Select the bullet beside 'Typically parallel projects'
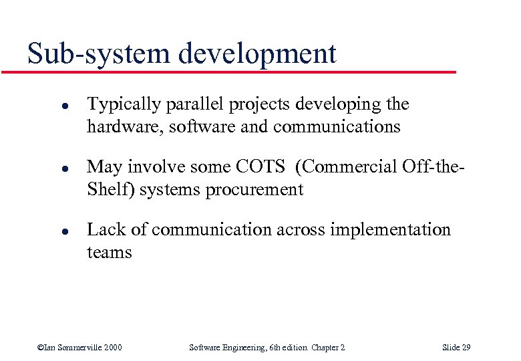(x=42, y=106)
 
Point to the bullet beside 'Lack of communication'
(x=42, y=231)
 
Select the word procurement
(x=255, y=190)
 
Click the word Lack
(x=104, y=230)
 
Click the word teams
(x=110, y=252)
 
